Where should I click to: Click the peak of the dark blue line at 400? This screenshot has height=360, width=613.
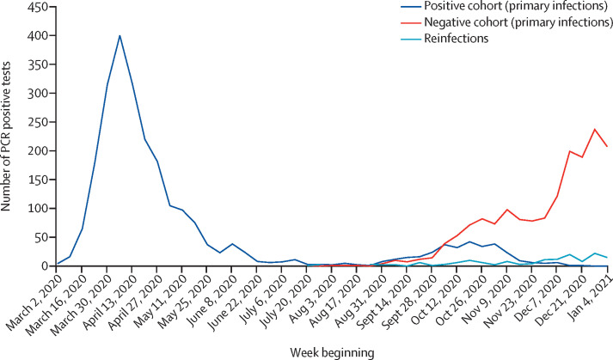[120, 35]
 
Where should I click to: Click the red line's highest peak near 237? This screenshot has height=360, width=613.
[595, 129]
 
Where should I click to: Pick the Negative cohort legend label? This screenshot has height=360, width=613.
[518, 22]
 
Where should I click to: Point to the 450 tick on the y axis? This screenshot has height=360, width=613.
[40, 7]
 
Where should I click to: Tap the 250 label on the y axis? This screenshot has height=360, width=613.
[40, 122]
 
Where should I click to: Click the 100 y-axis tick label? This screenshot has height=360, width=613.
[40, 209]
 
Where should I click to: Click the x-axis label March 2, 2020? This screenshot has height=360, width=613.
[35, 293]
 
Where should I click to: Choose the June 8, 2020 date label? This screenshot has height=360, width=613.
[213, 291]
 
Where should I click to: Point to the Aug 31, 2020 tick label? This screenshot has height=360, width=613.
[363, 293]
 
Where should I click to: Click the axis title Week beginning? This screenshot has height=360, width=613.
[332, 353]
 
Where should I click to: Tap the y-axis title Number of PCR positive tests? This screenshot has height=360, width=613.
[6, 136]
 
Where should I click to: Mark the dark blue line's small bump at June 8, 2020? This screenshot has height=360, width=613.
[232, 244]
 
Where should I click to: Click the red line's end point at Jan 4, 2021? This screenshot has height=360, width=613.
[607, 146]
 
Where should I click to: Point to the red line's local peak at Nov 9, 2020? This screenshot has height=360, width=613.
[507, 210]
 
